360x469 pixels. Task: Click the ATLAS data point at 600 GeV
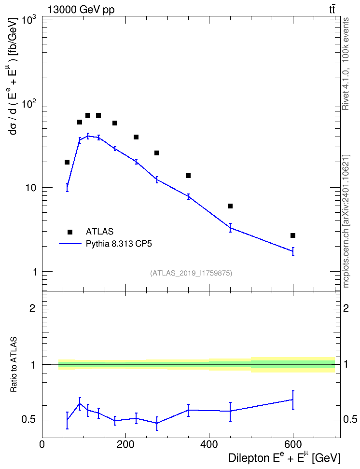(x=292, y=235)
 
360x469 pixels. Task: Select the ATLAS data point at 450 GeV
(x=230, y=206)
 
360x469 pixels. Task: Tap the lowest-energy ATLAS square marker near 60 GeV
(x=67, y=162)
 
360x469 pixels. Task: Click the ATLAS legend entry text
(x=99, y=232)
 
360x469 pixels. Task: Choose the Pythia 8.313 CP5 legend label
(x=119, y=244)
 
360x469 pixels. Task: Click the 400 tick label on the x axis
(x=209, y=444)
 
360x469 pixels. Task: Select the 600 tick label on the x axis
(x=292, y=444)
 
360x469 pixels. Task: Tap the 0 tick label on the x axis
(x=42, y=444)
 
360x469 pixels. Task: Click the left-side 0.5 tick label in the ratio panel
(x=28, y=420)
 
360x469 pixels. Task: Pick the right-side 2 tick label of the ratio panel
(x=346, y=308)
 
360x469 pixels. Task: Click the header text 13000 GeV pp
(x=81, y=10)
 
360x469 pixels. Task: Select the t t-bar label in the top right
(x=332, y=10)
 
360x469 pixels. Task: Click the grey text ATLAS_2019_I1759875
(x=191, y=273)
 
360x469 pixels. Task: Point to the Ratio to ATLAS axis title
(x=14, y=365)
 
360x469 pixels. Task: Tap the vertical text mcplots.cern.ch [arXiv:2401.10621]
(x=346, y=221)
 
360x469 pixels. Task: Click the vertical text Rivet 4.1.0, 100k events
(x=346, y=64)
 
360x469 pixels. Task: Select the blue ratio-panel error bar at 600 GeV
(x=292, y=400)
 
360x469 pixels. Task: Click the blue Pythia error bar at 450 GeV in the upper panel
(x=230, y=228)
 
